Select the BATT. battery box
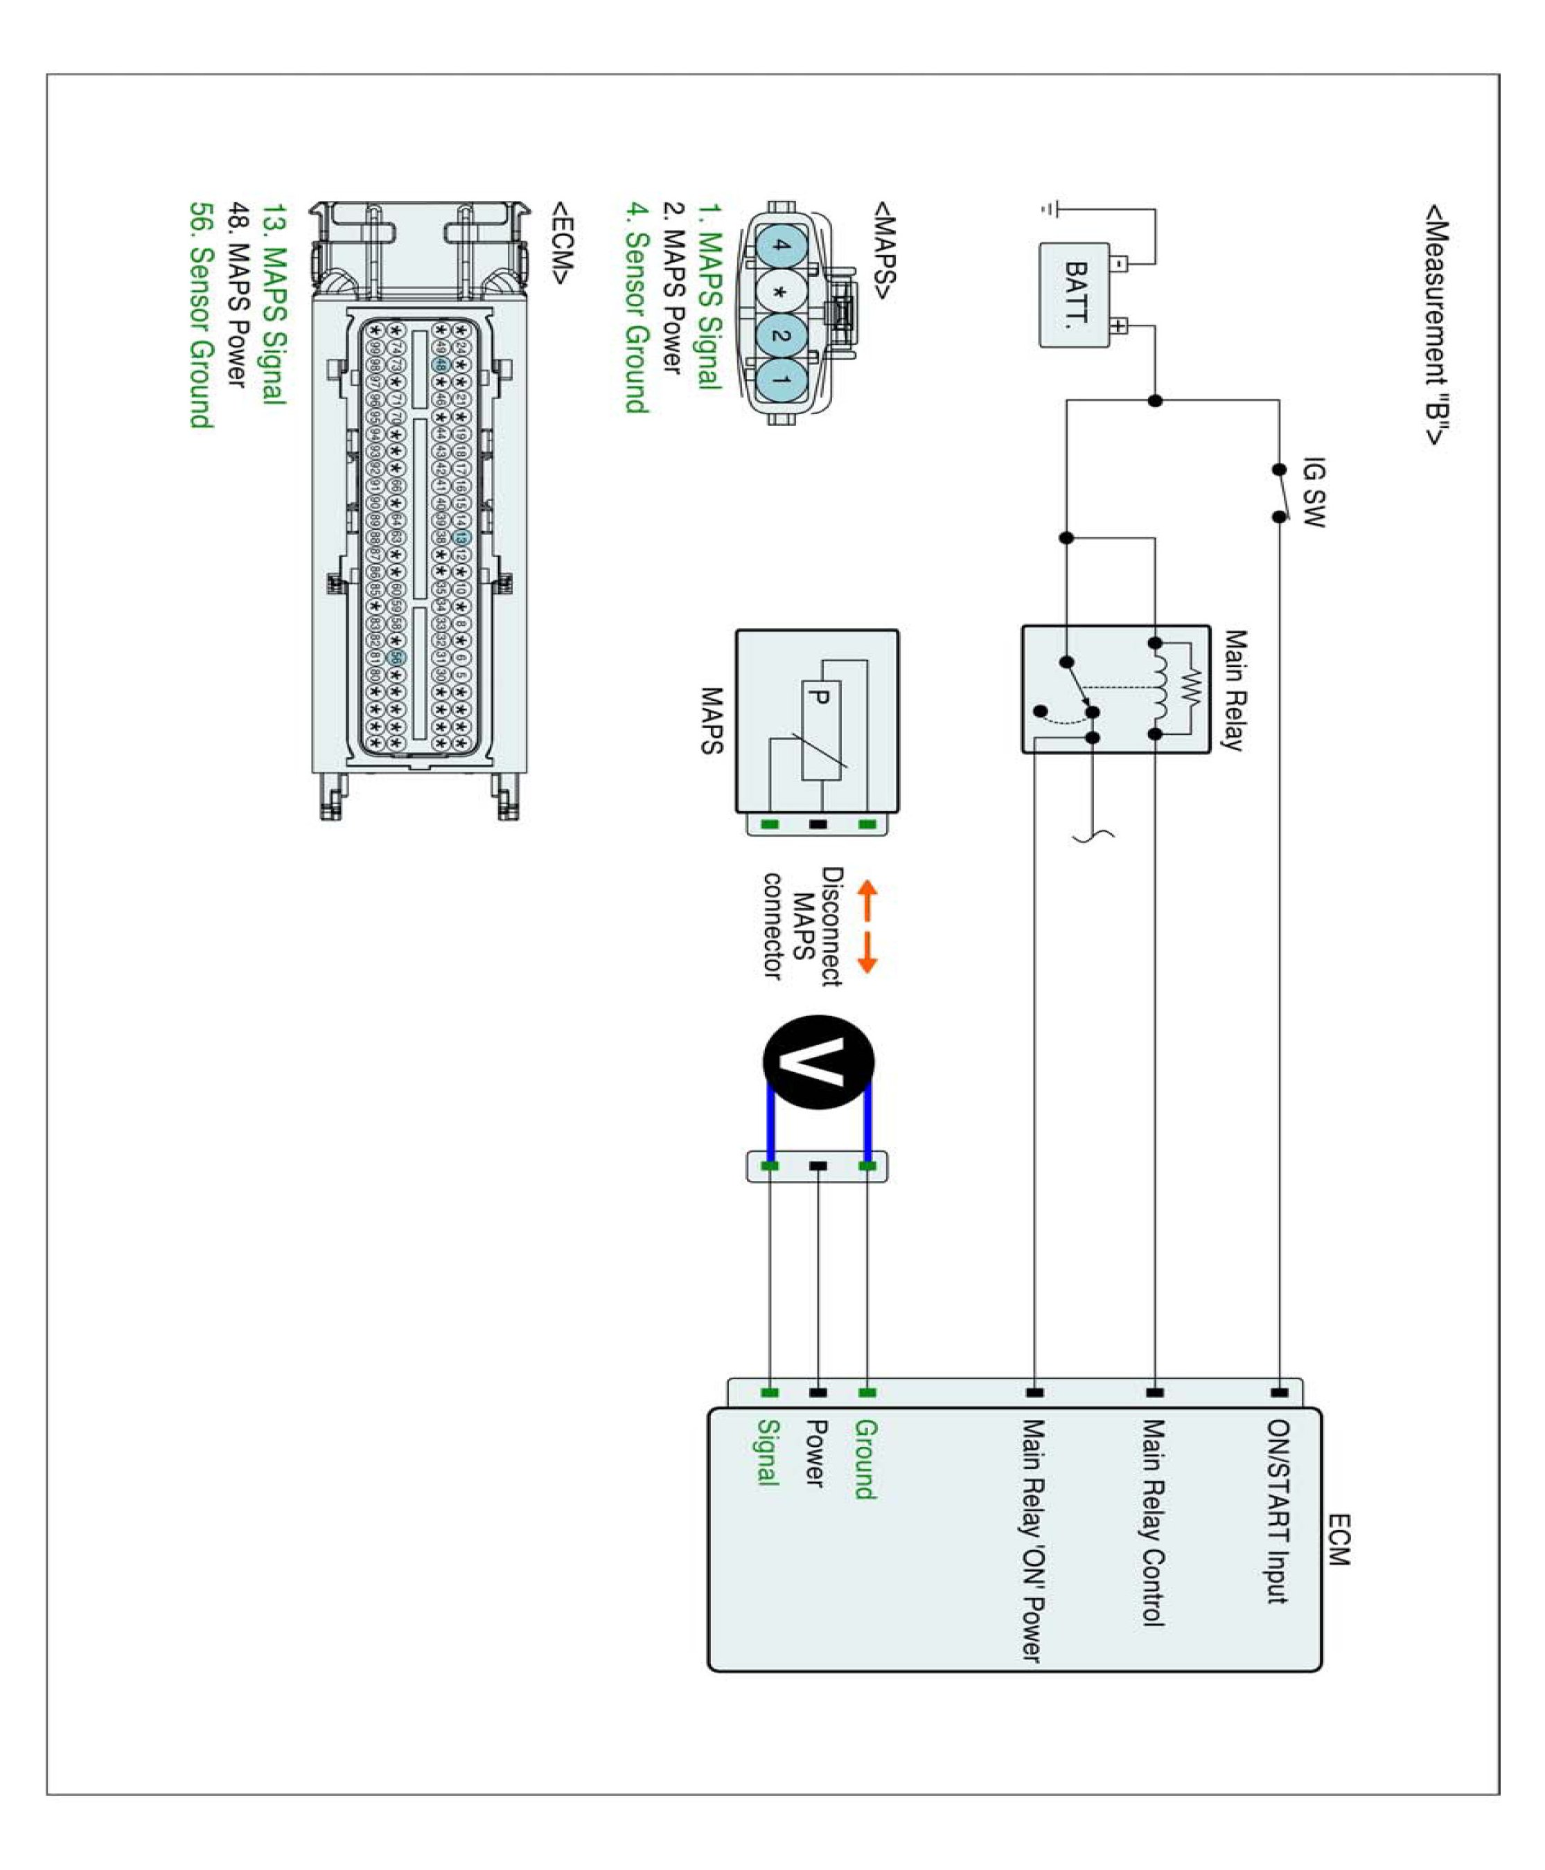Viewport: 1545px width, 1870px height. pos(1074,294)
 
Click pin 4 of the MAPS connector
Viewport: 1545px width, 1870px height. pos(781,246)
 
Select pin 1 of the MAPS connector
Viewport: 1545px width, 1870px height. pos(781,380)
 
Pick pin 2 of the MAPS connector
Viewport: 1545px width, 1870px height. pos(781,335)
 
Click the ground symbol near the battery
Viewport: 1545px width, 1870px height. pos(1050,210)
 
